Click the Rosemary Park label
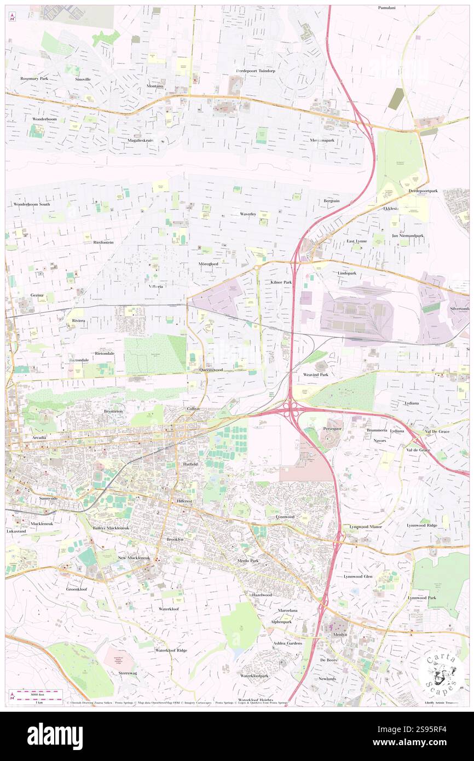[x=34, y=79]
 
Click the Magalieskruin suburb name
[x=139, y=140]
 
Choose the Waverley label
[x=248, y=214]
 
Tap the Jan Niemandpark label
[x=408, y=235]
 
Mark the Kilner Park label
[x=281, y=282]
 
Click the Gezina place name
[x=37, y=295]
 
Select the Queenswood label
[x=211, y=370]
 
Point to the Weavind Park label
[x=316, y=374]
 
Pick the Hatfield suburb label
[x=190, y=464]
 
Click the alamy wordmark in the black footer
[x=55, y=736]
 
